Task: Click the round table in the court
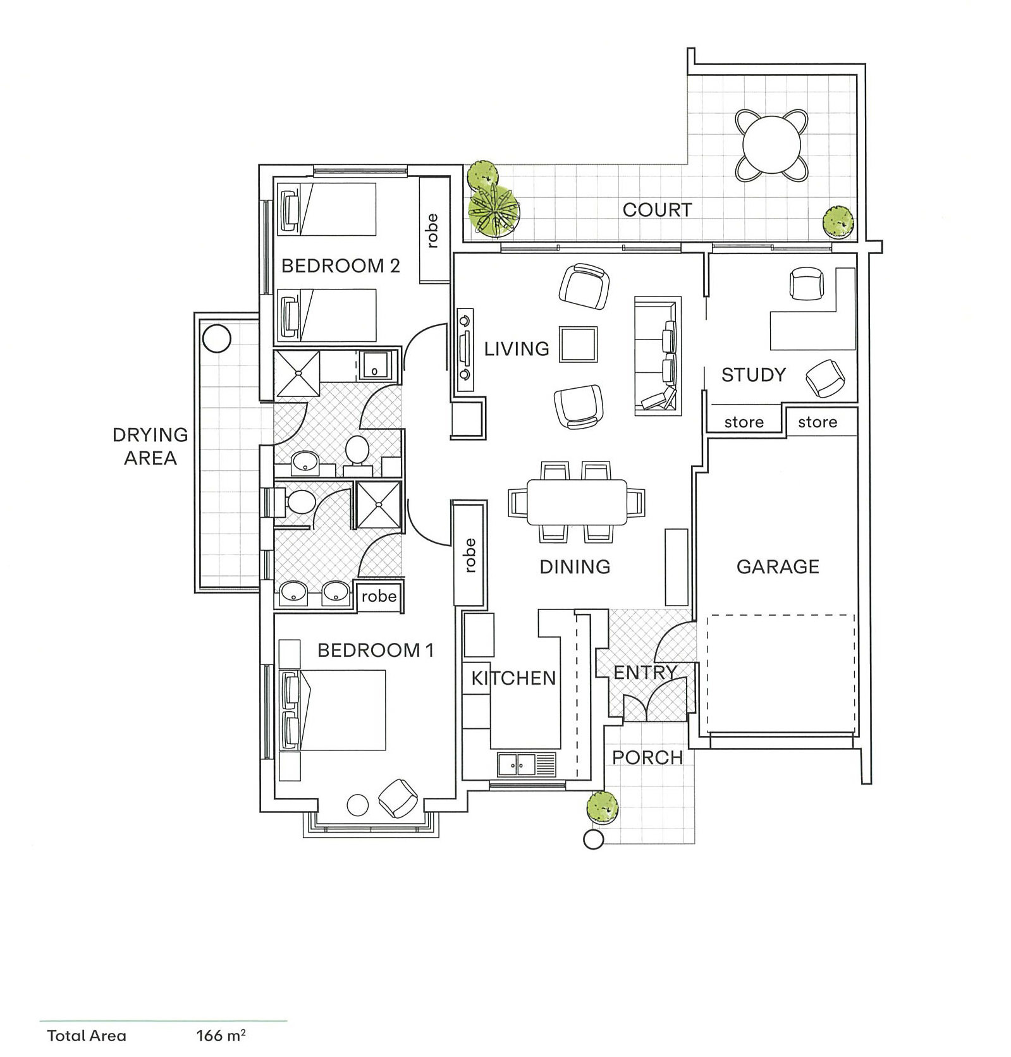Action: pos(771,145)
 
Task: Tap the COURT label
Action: pos(657,210)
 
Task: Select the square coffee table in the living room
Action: pos(578,344)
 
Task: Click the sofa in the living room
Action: pos(658,355)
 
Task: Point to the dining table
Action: pos(577,502)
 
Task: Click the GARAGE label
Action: pos(778,566)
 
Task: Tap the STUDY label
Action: pos(753,375)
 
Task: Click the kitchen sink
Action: pos(526,764)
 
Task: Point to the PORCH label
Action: pos(647,757)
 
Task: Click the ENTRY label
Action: pos(646,672)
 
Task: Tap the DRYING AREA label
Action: pos(150,446)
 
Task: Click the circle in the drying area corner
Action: pos(217,338)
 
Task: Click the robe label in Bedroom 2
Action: pos(432,231)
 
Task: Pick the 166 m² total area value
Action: pos(221,1036)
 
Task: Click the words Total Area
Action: pos(87,1036)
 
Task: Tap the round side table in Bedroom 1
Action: pos(358,805)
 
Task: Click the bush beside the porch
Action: pos(602,807)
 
